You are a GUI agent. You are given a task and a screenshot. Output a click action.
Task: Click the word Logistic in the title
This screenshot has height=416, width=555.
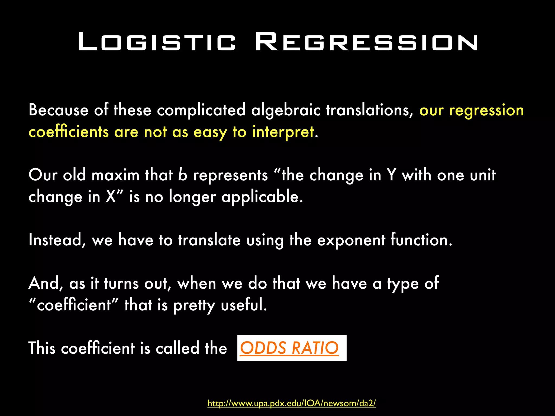click(157, 42)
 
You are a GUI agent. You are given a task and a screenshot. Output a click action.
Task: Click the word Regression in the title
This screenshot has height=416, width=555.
click(367, 42)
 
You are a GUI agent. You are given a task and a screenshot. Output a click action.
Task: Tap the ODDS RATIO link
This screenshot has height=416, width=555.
click(289, 348)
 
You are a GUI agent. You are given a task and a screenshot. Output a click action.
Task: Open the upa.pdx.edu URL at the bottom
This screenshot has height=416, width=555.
click(292, 403)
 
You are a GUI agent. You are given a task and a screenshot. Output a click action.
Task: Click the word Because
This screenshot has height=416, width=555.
click(59, 110)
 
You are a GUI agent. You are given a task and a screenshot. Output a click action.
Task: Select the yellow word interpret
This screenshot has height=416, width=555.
click(283, 132)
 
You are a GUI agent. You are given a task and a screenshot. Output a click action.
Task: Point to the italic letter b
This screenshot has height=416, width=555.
click(183, 175)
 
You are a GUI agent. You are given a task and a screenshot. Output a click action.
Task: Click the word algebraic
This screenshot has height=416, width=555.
click(286, 110)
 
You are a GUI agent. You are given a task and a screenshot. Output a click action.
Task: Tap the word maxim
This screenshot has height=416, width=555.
click(115, 175)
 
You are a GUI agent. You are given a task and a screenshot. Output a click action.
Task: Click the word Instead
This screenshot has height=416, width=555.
click(57, 240)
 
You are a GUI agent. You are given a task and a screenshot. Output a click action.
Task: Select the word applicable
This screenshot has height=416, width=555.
click(262, 197)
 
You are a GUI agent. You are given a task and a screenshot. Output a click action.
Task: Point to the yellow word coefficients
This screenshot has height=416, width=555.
click(69, 132)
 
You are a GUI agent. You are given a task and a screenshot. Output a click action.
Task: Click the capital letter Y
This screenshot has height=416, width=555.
click(391, 175)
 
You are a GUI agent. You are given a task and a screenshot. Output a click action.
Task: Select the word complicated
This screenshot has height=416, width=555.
click(201, 110)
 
